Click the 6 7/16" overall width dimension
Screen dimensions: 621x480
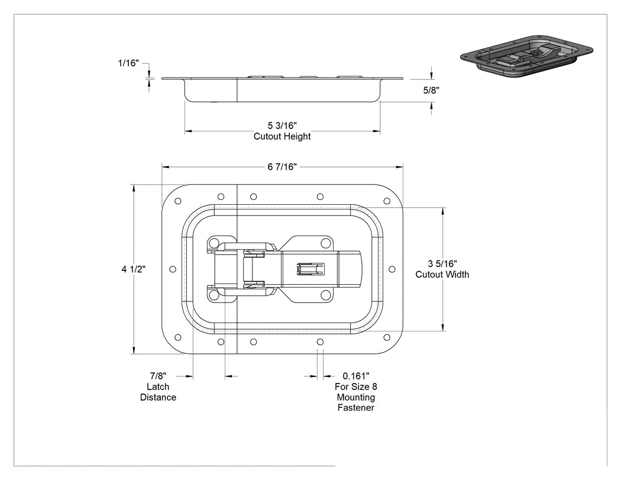pos(282,167)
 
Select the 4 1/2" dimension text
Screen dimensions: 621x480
pos(134,269)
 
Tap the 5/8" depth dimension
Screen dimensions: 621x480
pos(431,91)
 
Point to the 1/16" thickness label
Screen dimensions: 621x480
pos(128,63)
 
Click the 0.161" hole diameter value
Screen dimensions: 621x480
pos(356,376)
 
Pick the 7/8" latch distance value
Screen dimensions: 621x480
pos(158,376)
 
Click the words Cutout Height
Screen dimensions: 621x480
pos(282,136)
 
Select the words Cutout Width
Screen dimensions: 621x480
pos(442,274)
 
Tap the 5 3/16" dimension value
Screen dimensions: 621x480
pos(282,125)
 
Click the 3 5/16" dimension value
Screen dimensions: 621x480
pos(442,263)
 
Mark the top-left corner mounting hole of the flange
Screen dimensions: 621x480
pos(178,201)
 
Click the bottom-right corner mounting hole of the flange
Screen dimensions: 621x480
pos(387,338)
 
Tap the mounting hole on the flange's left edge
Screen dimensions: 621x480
pos(173,269)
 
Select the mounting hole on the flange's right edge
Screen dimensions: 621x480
pos(392,269)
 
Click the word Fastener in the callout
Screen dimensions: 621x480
pos(355,408)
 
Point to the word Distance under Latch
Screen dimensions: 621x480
pos(158,397)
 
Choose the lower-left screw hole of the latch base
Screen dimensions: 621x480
pos(214,295)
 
